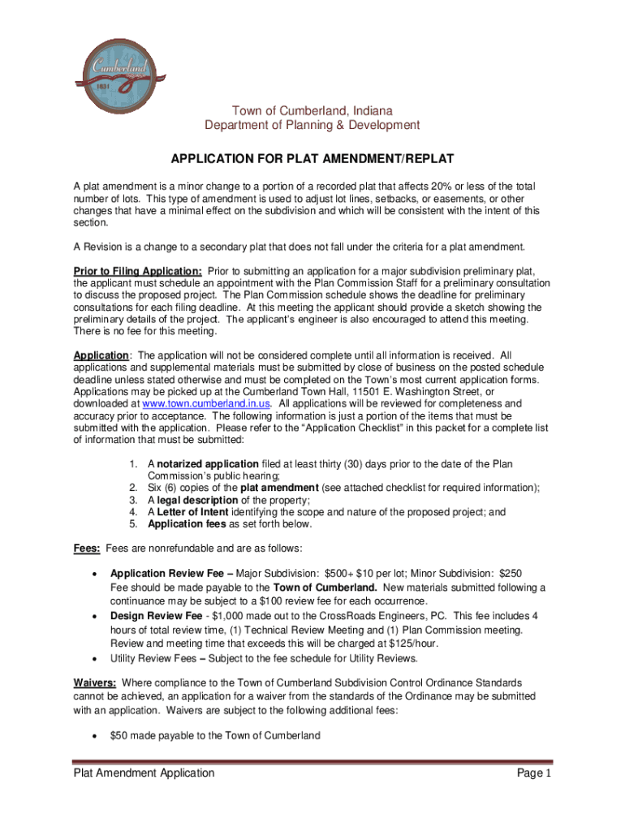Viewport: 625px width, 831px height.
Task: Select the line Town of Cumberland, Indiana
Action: [312, 110]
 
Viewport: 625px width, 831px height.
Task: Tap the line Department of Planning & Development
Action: [312, 125]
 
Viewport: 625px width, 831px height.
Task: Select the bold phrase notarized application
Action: [201, 463]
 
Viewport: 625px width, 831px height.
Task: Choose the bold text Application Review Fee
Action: [169, 573]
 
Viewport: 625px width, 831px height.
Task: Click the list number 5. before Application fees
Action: [134, 524]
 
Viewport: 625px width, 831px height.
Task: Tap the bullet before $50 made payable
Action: [97, 736]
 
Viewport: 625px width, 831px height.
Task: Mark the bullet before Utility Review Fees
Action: [97, 658]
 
